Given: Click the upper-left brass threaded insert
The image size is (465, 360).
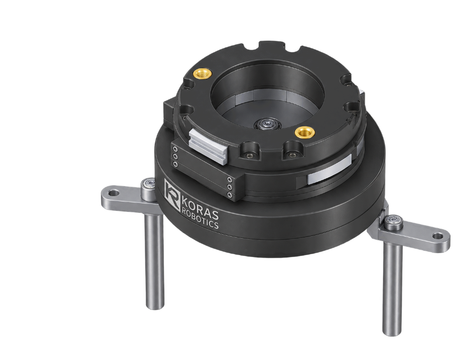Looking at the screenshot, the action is point(202,73).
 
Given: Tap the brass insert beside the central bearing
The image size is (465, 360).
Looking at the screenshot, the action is point(305,132).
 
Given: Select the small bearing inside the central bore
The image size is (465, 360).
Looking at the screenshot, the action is point(268,123).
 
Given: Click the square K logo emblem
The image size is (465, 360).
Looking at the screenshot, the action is point(172,194).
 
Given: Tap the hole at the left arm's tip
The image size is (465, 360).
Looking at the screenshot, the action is point(114,194).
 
